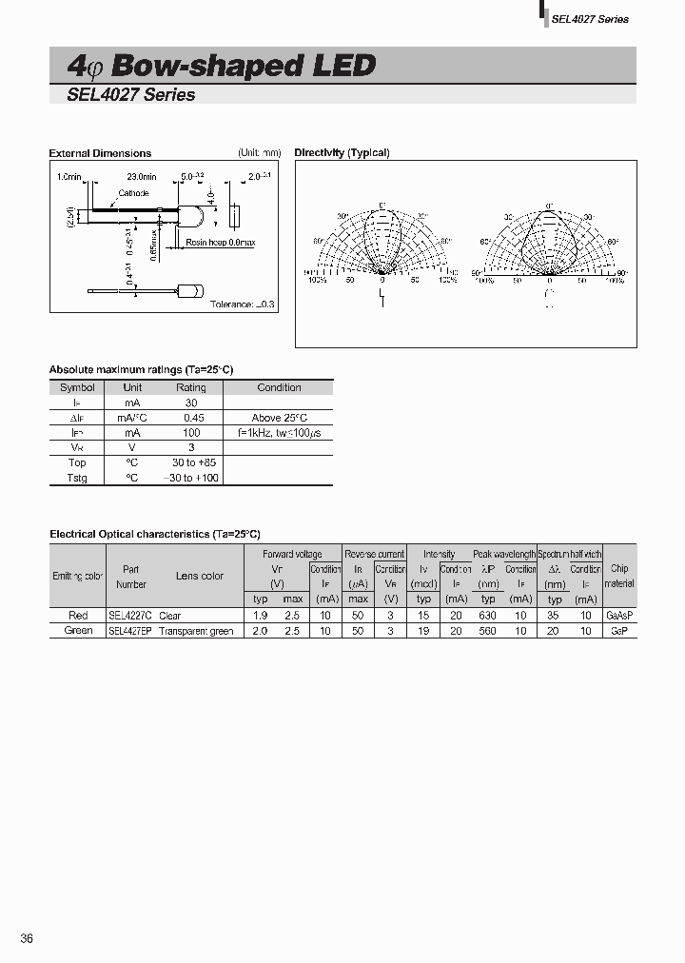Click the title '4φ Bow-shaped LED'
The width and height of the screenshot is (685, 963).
[222, 66]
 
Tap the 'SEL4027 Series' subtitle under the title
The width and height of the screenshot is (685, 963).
[131, 95]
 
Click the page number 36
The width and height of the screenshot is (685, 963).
[27, 939]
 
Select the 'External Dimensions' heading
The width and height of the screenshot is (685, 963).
[100, 153]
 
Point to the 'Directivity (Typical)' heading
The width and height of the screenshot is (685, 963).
[342, 153]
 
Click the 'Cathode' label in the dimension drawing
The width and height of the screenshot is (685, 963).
[132, 193]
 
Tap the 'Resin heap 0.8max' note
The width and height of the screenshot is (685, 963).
[220, 243]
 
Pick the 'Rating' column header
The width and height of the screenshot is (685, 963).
[190, 387]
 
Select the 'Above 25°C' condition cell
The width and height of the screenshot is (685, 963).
[279, 418]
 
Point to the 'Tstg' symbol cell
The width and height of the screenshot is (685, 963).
[77, 478]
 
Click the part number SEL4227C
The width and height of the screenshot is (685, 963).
[129, 617]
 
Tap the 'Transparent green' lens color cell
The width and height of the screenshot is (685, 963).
[196, 631]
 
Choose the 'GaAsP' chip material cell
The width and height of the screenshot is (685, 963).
[619, 617]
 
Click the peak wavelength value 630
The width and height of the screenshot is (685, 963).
[488, 617]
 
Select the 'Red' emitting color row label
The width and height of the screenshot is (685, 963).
[78, 617]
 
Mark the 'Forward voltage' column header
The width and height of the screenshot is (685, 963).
[292, 554]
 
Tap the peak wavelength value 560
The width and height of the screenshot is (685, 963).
[488, 631]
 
